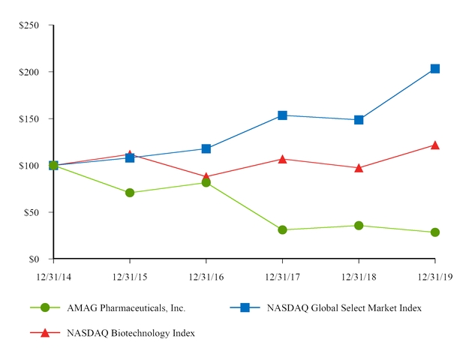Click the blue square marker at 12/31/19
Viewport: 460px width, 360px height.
[x=435, y=69]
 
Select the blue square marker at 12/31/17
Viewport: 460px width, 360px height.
[x=282, y=115]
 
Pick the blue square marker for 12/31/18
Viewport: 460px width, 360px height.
[x=359, y=120]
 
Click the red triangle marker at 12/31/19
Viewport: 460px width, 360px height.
[x=435, y=145]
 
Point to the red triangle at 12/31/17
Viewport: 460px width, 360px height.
[x=282, y=159]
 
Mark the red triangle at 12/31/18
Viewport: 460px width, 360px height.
[x=359, y=168]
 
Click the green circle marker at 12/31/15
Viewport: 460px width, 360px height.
[x=130, y=193]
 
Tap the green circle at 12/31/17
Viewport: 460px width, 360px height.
[x=282, y=230]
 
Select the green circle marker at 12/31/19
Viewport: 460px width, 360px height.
[x=435, y=232]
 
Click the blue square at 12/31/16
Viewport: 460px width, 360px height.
[x=206, y=148]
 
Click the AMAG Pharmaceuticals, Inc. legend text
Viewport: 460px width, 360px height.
[x=126, y=308]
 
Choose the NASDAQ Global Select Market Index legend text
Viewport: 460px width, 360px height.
[x=344, y=308]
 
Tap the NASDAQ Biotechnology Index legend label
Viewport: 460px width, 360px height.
[x=131, y=333]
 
